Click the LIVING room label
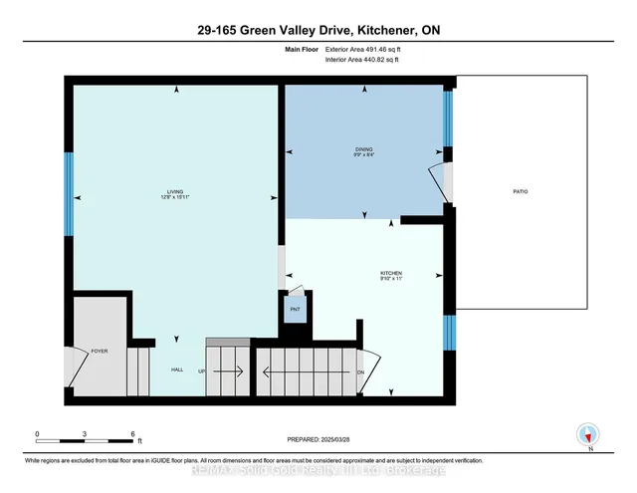[x=175, y=191]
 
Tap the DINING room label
[x=363, y=148]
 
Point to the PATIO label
[x=521, y=191]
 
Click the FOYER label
[x=99, y=352]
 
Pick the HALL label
[x=177, y=370]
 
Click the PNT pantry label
[x=295, y=311]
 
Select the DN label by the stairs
[x=361, y=372]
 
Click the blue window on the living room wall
[x=69, y=193]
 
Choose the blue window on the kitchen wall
[x=449, y=328]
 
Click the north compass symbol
[x=588, y=434]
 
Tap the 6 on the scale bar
[x=133, y=433]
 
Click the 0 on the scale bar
[x=37, y=433]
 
